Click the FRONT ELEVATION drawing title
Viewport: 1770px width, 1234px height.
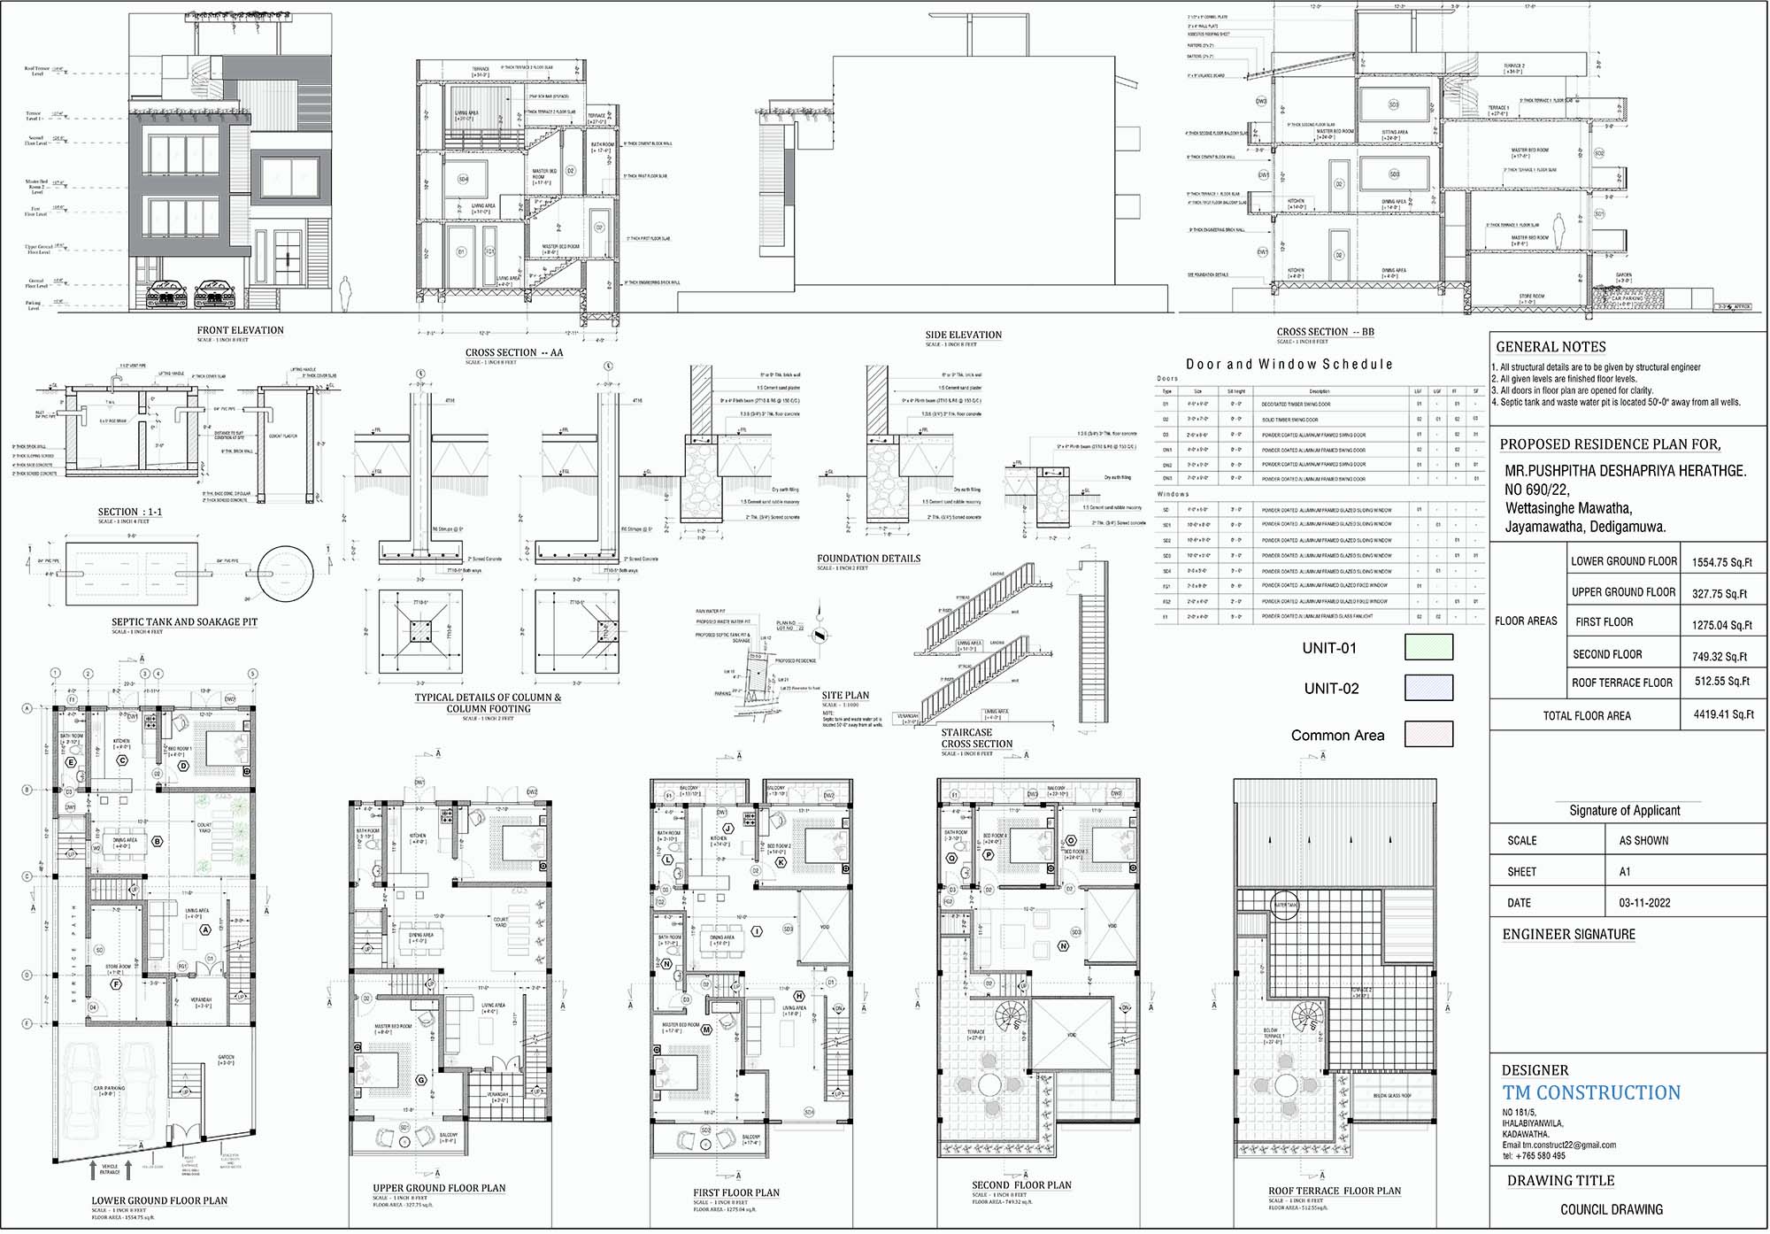coord(240,330)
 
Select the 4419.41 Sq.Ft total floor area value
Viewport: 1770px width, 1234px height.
coord(1723,714)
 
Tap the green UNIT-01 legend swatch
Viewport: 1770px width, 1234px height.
coord(1428,647)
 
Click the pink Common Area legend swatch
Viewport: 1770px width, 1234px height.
coord(1428,734)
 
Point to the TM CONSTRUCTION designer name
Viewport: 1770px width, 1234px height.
coord(1591,1093)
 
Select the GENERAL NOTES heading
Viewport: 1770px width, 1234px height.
coord(1551,347)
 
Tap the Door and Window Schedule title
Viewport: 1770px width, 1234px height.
coord(1289,364)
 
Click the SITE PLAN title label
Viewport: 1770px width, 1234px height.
coord(845,696)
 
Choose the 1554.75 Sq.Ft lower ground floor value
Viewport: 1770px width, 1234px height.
coord(1721,562)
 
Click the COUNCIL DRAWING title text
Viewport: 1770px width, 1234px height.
coord(1611,1209)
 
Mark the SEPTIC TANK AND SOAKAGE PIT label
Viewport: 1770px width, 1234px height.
coord(184,622)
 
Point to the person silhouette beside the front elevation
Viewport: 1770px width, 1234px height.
coord(347,294)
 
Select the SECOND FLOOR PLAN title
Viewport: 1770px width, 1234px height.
coord(1021,1185)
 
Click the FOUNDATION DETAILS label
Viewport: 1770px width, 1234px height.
coord(868,559)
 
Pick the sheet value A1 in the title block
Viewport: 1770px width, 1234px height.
coord(1625,872)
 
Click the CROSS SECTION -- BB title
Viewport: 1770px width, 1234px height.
coord(1325,332)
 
